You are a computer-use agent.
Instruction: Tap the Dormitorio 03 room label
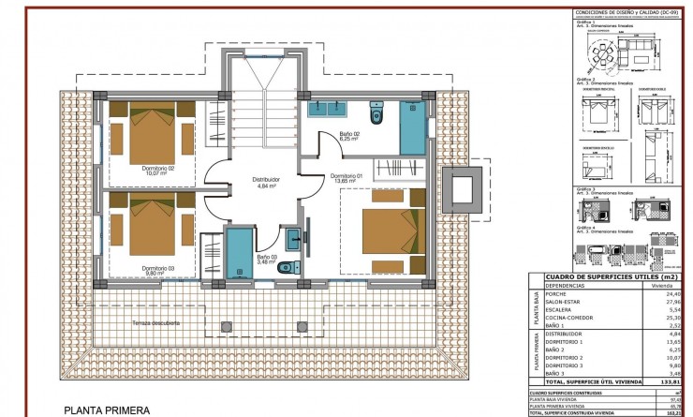pos(157,269)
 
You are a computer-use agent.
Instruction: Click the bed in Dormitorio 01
pos(380,231)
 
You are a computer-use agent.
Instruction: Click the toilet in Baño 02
pos(376,115)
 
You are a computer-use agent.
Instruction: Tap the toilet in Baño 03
pos(285,267)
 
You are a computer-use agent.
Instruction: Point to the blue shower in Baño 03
pos(241,249)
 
